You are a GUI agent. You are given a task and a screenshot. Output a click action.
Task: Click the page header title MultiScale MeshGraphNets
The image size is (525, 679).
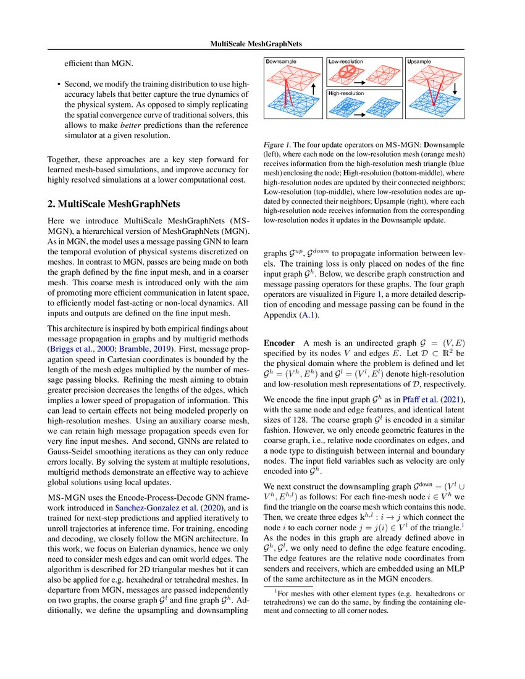262,44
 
